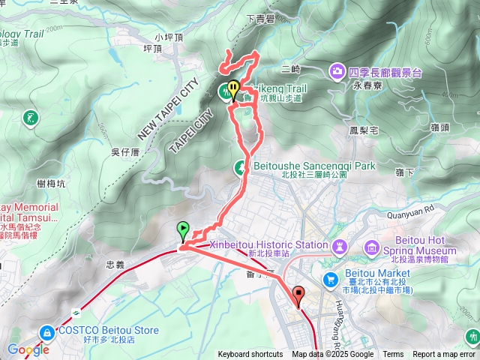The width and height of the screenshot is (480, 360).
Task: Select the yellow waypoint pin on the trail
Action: click(x=233, y=89)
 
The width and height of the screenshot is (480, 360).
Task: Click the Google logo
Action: click(x=28, y=349)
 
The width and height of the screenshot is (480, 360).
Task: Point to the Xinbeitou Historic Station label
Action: click(x=279, y=244)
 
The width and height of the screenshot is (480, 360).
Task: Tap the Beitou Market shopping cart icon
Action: click(x=330, y=279)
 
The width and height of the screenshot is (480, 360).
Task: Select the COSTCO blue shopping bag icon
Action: click(x=47, y=331)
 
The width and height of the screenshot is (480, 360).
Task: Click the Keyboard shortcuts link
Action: click(x=250, y=355)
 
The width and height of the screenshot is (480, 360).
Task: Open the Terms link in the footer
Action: click(x=393, y=355)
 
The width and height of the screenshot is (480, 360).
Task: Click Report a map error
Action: click(x=445, y=355)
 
